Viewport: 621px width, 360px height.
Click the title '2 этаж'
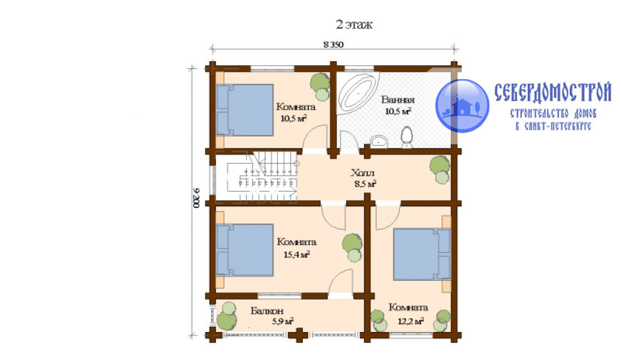coord(354,25)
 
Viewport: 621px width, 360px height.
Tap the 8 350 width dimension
coord(333,44)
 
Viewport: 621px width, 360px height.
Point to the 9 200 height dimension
coord(197,198)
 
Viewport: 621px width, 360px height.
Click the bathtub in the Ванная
coord(358,94)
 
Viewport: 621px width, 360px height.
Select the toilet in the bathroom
coord(407,137)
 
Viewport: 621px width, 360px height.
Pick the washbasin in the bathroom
coord(379,141)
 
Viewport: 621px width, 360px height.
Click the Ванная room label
coord(397,99)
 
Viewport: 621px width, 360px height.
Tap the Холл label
coord(363,173)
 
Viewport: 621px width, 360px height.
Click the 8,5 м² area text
coord(365,184)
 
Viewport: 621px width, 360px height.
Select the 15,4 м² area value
coord(297,254)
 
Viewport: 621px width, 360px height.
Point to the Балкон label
coord(267,311)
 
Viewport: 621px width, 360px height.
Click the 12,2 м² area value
coord(410,321)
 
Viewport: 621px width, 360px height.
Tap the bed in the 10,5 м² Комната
coord(244,110)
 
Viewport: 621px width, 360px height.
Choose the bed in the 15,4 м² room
coord(244,250)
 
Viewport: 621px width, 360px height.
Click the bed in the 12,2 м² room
coord(422,254)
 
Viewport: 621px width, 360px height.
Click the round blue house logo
coord(462,106)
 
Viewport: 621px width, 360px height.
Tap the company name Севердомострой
coord(553,92)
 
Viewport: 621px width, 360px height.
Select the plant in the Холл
coord(440,170)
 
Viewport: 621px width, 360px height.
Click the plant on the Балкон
coord(227,316)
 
